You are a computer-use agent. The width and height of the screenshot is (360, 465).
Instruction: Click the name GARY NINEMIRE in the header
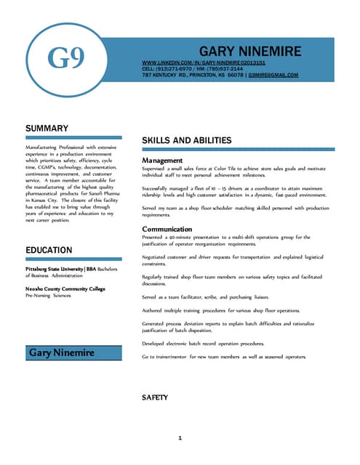click(249, 52)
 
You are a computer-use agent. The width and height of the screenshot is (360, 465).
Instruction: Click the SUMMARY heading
click(47, 129)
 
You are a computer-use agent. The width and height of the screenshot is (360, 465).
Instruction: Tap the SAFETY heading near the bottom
click(155, 397)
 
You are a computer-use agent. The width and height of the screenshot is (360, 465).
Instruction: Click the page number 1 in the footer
click(180, 438)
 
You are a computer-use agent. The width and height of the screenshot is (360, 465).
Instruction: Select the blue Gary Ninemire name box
click(73, 352)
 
